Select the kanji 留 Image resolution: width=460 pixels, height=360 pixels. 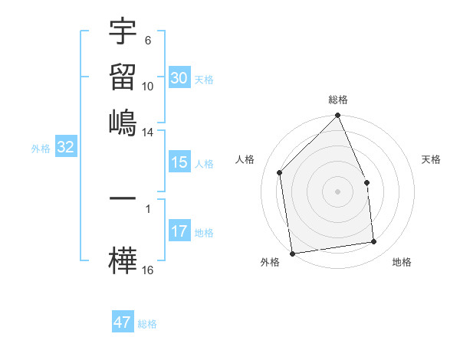click(x=123, y=77)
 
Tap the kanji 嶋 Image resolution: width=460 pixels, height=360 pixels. click(x=123, y=123)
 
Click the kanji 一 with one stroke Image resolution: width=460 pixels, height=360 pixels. click(x=123, y=198)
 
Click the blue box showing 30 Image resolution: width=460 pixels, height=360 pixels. click(x=179, y=78)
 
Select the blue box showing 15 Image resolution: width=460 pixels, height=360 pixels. click(x=179, y=162)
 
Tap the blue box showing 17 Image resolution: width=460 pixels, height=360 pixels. click(x=179, y=231)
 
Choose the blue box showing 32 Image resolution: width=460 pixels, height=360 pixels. click(x=65, y=148)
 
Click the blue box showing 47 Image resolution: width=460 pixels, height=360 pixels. click(x=122, y=322)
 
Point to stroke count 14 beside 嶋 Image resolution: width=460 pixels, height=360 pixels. click(x=148, y=133)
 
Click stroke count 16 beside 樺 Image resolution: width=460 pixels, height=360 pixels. click(x=148, y=270)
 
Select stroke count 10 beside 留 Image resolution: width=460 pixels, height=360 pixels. click(x=148, y=86)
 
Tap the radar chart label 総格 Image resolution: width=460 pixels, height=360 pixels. click(x=338, y=100)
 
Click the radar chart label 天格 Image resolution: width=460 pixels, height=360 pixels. click(x=431, y=159)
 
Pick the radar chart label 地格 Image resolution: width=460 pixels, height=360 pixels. click(x=402, y=262)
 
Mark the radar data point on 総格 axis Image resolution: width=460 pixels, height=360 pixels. click(x=338, y=116)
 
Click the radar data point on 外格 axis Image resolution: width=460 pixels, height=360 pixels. click(x=292, y=253)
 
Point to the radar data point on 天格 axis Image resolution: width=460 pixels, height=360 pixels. click(x=366, y=182)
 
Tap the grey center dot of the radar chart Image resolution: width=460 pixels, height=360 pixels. click(x=338, y=191)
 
